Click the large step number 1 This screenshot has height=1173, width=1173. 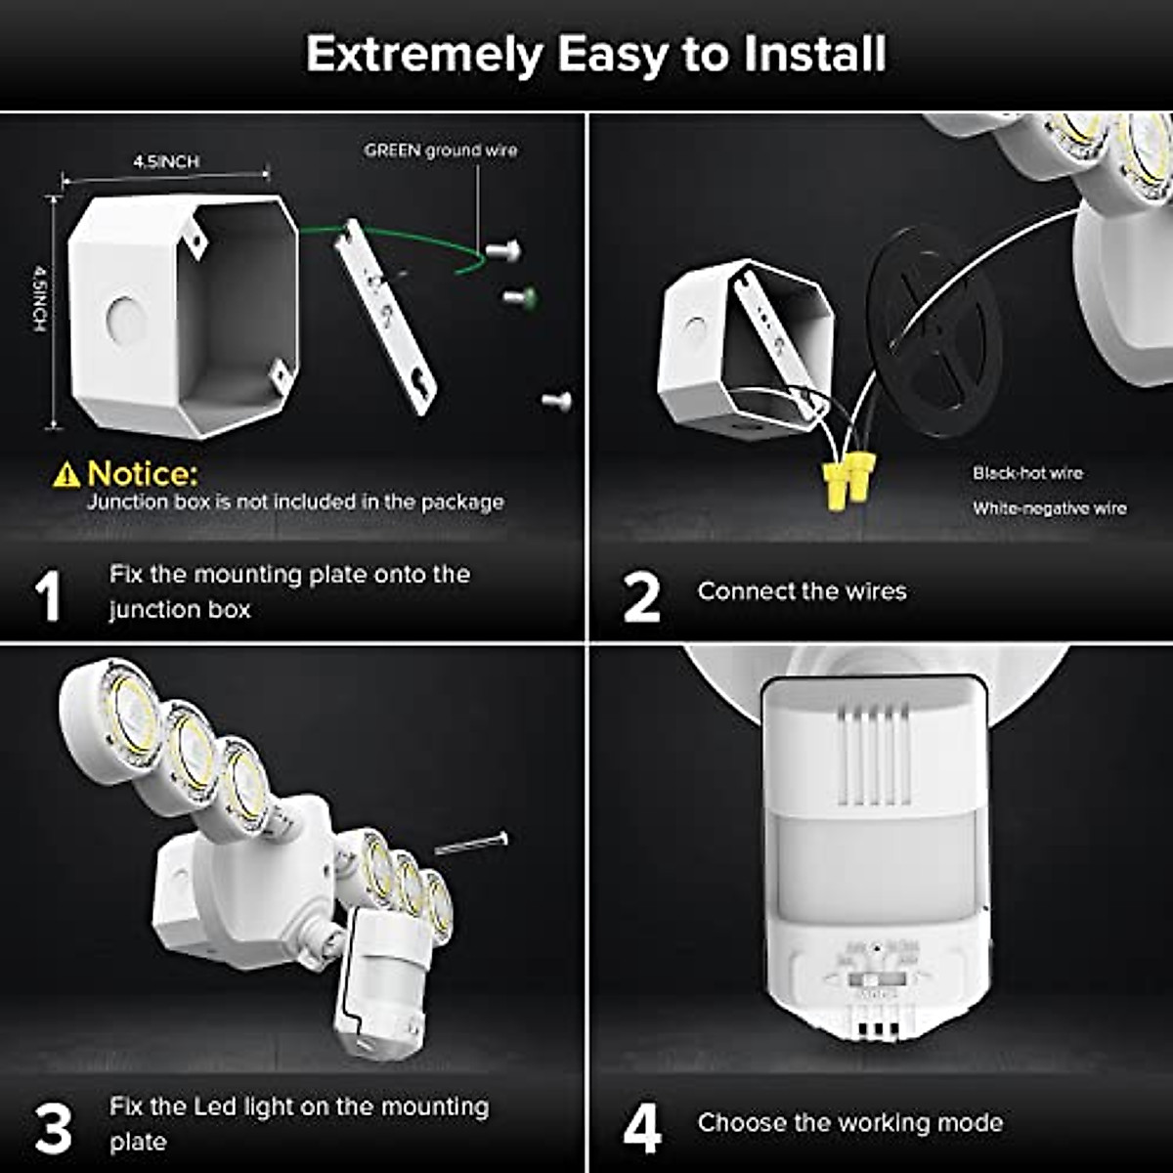(x=47, y=596)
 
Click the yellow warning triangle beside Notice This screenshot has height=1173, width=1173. (x=66, y=476)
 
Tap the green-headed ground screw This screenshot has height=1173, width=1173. (x=518, y=295)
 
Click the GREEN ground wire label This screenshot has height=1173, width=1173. (x=440, y=151)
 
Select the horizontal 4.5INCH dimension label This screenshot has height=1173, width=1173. (x=166, y=162)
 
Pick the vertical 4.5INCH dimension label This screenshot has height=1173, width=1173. (x=39, y=298)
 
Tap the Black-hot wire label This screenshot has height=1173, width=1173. (x=1027, y=473)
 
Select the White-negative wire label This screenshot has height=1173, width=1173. (x=1049, y=508)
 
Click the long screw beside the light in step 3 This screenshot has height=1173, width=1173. (x=471, y=843)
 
